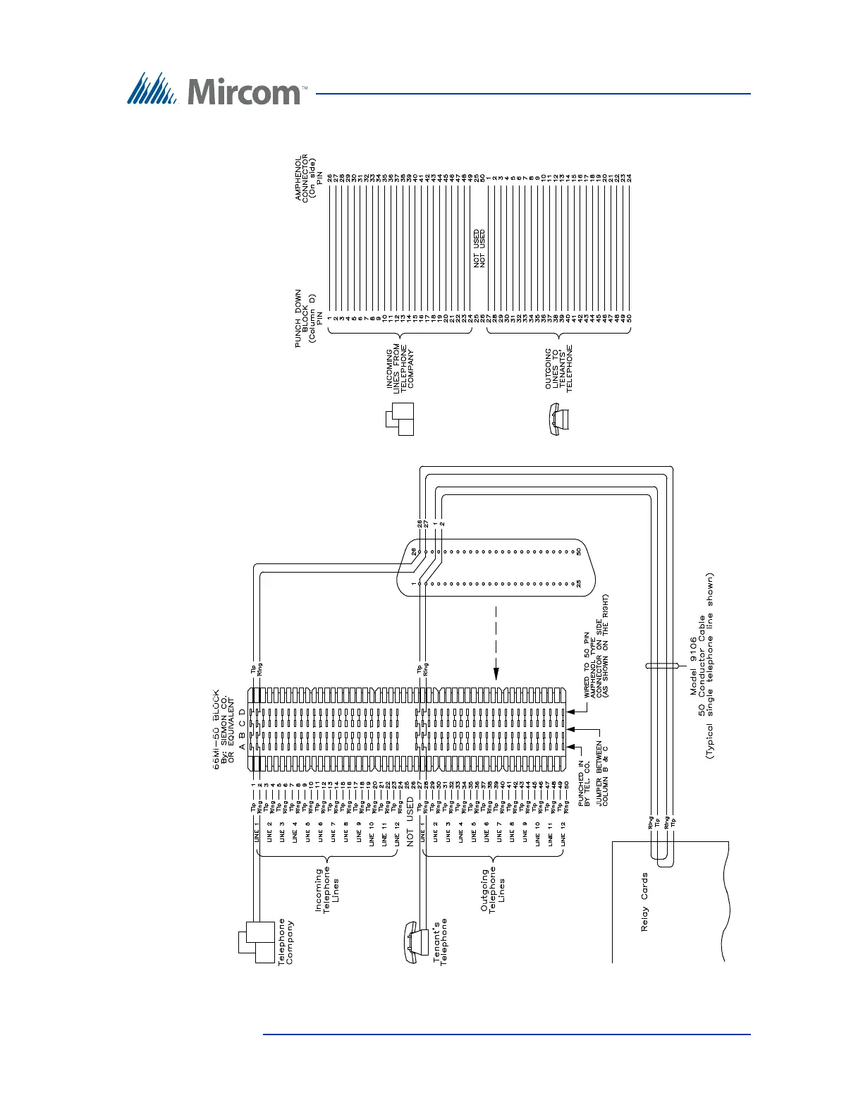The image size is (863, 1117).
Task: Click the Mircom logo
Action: pos(216,90)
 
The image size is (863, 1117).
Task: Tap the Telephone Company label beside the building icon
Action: pos(286,941)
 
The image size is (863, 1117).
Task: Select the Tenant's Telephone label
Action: pos(440,941)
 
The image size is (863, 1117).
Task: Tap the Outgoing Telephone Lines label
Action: pos(493,890)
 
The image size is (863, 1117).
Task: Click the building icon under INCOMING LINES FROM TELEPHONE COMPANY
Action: pos(398,419)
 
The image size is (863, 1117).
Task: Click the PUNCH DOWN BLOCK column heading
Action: pos(305,319)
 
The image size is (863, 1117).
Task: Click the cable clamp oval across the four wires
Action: pos(662,664)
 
